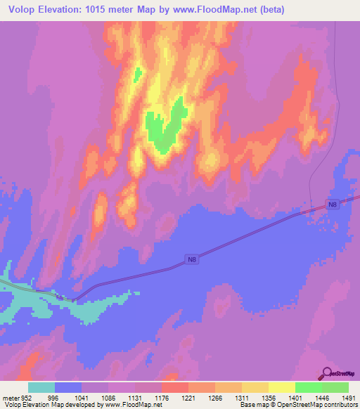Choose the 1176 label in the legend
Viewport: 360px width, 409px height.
click(162, 397)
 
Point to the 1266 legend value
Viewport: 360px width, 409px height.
click(215, 397)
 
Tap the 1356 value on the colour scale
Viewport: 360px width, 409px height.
click(269, 397)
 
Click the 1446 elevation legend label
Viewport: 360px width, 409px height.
click(322, 397)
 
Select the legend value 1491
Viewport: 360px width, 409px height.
click(348, 397)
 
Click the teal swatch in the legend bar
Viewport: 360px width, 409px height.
click(41, 387)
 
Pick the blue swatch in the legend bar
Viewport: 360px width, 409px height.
click(68, 387)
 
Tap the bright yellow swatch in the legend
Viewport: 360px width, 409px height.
click(282, 387)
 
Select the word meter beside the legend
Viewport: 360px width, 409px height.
click(10, 397)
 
